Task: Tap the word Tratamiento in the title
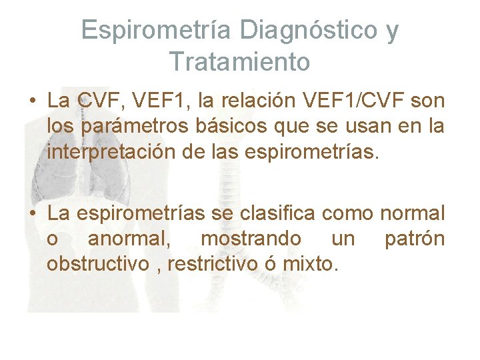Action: tap(239, 61)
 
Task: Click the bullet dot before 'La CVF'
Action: tap(32, 101)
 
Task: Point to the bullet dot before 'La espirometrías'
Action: tap(32, 215)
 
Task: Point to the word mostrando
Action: tap(251, 239)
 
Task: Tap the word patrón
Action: tap(414, 239)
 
